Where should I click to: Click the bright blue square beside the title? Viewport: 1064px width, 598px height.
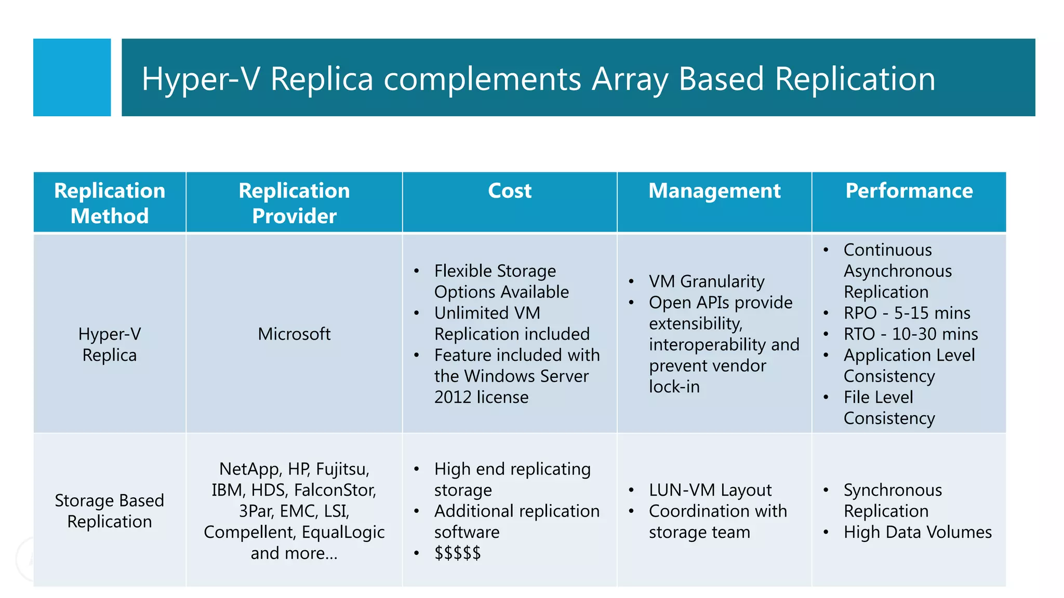(72, 77)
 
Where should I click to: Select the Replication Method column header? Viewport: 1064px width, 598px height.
(110, 203)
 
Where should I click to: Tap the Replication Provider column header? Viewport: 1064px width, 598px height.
(294, 203)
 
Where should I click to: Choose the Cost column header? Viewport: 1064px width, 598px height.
(510, 191)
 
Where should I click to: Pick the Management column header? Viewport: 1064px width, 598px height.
(714, 191)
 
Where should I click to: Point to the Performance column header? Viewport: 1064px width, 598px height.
(909, 191)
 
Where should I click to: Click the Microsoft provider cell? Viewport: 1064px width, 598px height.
(294, 334)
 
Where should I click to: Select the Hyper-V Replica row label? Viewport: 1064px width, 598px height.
(110, 344)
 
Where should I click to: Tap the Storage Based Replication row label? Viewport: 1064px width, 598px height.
(110, 511)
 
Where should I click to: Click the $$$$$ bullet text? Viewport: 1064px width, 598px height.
(458, 553)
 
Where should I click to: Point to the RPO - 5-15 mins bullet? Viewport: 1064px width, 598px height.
(907, 313)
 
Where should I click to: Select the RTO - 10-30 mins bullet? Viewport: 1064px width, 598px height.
(910, 334)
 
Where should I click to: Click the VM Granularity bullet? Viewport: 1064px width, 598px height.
(707, 281)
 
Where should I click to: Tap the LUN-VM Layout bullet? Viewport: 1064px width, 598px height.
(710, 490)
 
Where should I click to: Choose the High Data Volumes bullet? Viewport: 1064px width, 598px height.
(917, 532)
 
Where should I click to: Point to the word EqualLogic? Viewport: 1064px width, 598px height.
(343, 532)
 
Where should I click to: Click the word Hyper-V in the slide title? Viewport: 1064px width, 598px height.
(200, 79)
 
